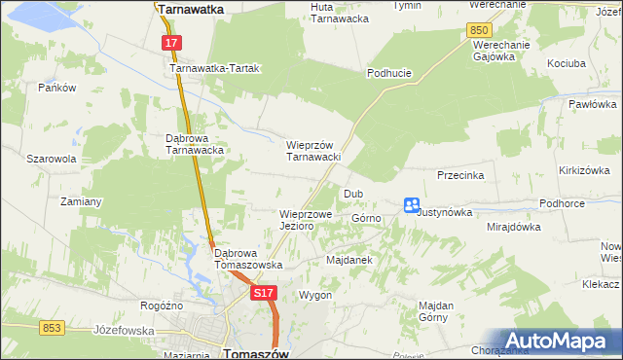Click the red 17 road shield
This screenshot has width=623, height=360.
click(171, 44)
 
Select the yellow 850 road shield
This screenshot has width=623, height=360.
click(478, 31)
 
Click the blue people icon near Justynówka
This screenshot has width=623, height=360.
click(412, 205)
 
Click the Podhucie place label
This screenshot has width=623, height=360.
click(389, 73)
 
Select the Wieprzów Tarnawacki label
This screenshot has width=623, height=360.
click(311, 151)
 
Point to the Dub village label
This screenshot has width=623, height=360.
click(352, 194)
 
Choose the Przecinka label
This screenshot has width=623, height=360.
click(461, 176)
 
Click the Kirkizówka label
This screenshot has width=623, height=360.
click(585, 170)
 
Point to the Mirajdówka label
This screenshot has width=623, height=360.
click(513, 227)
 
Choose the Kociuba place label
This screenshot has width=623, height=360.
click(566, 62)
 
